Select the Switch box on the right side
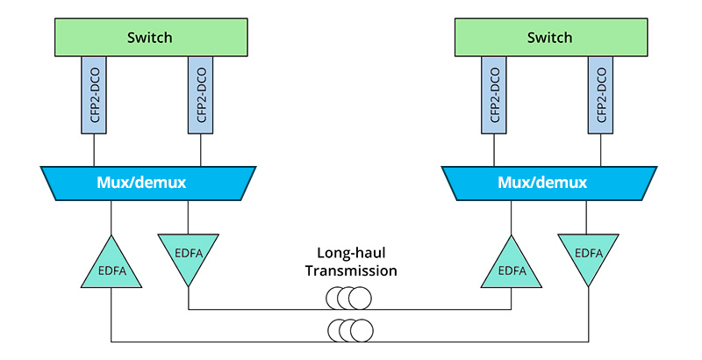(x=548, y=38)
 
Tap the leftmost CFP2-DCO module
(x=94, y=95)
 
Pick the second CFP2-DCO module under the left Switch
(x=201, y=95)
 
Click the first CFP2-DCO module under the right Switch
(x=494, y=95)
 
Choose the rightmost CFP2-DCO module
(x=600, y=95)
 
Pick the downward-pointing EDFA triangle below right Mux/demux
(x=588, y=254)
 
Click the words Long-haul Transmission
(x=351, y=263)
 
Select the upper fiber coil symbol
(x=348, y=299)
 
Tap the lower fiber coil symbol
(x=348, y=331)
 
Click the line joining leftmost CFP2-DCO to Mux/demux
(x=94, y=150)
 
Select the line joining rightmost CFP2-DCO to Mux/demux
(x=600, y=150)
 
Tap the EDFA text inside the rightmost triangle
(x=588, y=253)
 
